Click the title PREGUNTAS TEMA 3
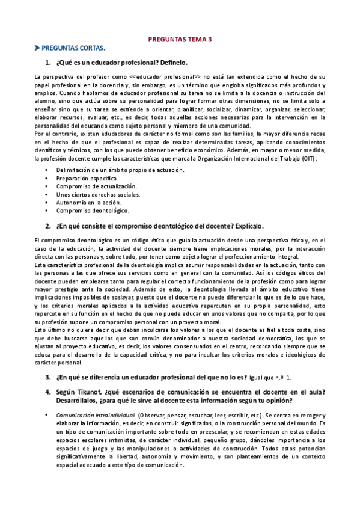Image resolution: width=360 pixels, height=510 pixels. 180,39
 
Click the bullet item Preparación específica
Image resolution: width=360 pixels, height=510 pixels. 87,179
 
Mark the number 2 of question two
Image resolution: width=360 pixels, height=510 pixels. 47,226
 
